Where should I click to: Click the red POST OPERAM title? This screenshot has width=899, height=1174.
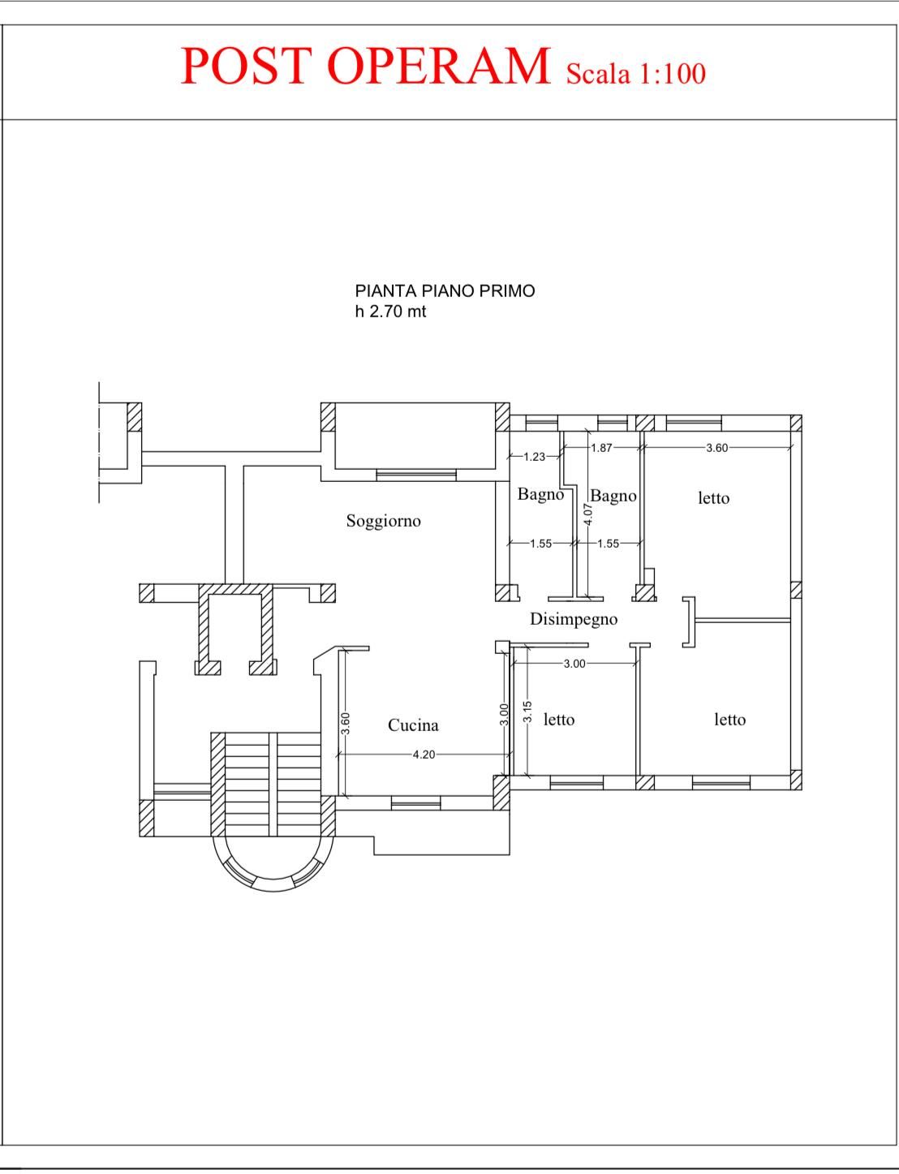(x=366, y=66)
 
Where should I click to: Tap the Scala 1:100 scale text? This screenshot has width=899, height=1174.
(x=636, y=74)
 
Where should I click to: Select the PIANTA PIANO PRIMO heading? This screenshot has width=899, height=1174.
(x=445, y=291)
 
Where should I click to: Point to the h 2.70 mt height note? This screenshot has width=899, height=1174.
(x=390, y=312)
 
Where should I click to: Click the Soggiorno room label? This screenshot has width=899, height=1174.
(x=383, y=521)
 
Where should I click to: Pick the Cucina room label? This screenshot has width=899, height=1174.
(x=413, y=725)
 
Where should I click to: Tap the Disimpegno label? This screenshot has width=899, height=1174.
(x=573, y=619)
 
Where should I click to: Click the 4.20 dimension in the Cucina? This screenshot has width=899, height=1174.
(x=424, y=755)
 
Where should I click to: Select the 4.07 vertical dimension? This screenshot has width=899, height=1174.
(x=588, y=514)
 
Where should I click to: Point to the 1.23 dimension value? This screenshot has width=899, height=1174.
(x=534, y=457)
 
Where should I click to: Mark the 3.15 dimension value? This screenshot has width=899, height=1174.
(x=528, y=712)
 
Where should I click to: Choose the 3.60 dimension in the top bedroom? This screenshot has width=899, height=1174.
(x=717, y=448)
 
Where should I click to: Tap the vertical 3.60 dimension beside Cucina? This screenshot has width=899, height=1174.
(x=346, y=724)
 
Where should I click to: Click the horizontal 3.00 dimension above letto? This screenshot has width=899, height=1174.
(x=574, y=664)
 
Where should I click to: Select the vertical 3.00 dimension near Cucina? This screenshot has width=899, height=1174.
(x=504, y=714)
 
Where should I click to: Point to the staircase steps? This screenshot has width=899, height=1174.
(x=273, y=784)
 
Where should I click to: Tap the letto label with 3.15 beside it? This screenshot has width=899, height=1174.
(x=559, y=720)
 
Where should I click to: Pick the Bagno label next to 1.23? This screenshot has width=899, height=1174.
(x=540, y=494)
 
